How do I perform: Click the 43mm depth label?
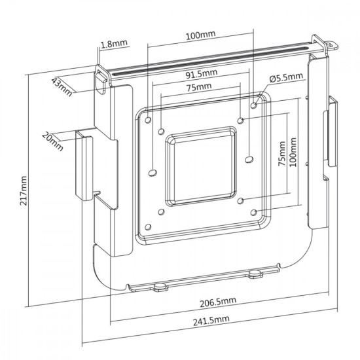pyautogui.click(x=62, y=85)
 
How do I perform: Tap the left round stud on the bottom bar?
pyautogui.click(x=159, y=285)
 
